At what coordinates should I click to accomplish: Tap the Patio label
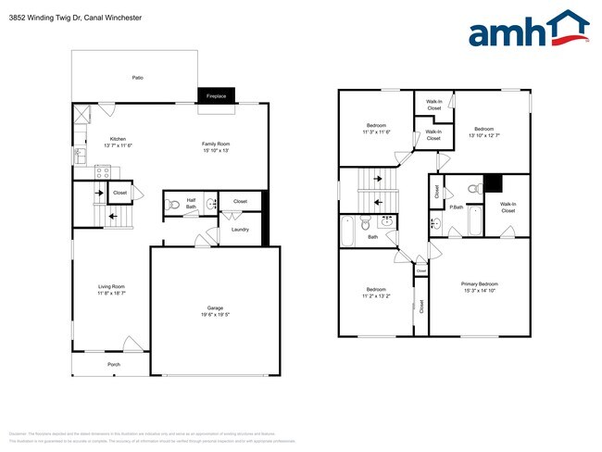tap(137, 78)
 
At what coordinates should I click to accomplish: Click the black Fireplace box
tap(217, 95)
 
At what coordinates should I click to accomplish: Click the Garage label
tap(215, 308)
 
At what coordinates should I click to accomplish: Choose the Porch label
tap(114, 364)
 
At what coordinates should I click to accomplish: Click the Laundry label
tap(240, 229)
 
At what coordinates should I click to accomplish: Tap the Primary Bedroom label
tap(480, 283)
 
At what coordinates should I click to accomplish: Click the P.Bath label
tap(456, 207)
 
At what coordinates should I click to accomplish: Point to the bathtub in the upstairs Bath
tap(348, 232)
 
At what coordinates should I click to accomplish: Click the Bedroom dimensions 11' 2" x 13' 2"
tap(376, 295)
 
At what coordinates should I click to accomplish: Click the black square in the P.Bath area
tap(493, 182)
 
